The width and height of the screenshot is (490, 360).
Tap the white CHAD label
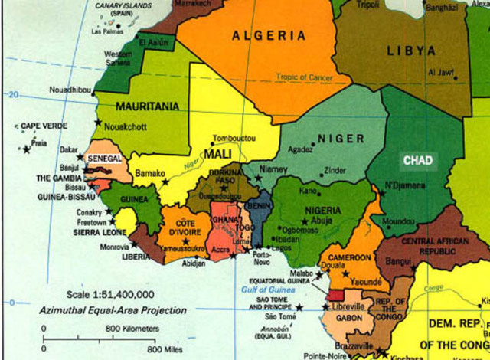(x=418, y=161)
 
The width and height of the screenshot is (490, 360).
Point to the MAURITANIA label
(x=148, y=106)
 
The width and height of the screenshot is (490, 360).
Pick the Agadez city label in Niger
(x=299, y=150)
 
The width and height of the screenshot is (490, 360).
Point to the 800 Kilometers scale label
(x=132, y=329)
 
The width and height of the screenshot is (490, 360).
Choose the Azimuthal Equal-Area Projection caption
(x=113, y=310)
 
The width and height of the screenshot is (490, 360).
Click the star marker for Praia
(x=28, y=149)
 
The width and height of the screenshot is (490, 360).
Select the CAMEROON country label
(x=350, y=258)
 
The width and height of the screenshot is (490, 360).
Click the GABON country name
(x=348, y=318)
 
